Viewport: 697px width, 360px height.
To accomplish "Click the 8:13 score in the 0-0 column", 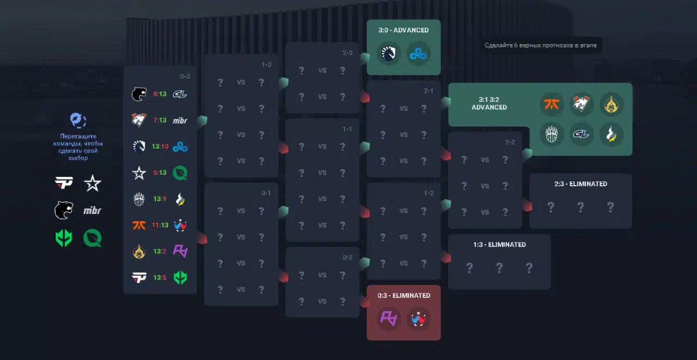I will [x=160, y=94].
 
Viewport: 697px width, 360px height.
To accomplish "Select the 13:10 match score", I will [x=160, y=146].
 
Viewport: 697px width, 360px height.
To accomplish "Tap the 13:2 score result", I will [x=160, y=251].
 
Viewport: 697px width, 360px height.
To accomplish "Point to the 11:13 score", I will [x=160, y=224].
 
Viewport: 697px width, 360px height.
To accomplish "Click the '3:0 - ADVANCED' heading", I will [x=403, y=30].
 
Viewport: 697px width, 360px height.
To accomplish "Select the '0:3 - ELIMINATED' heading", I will [x=403, y=295].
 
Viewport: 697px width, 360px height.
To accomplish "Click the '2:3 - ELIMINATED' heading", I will [x=580, y=184].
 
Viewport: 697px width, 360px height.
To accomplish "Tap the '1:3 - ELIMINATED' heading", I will [x=499, y=245].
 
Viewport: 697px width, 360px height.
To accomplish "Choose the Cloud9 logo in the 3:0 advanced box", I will [x=419, y=53].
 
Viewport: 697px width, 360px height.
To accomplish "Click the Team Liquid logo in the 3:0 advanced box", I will [x=389, y=53].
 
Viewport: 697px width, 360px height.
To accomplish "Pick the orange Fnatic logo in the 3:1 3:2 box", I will [x=552, y=104].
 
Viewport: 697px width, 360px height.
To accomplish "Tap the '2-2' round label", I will [x=510, y=142].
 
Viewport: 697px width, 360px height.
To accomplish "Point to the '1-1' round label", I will [x=348, y=129].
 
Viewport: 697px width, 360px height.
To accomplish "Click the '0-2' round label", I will [x=348, y=257].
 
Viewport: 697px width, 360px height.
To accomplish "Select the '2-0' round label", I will [x=348, y=53].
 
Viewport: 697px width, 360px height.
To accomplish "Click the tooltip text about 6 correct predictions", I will [x=541, y=45].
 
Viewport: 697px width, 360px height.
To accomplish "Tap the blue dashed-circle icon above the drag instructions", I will [x=79, y=120].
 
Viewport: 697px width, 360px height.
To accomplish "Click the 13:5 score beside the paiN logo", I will [x=160, y=277].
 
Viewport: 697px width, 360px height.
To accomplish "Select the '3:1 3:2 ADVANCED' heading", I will [x=489, y=103].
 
